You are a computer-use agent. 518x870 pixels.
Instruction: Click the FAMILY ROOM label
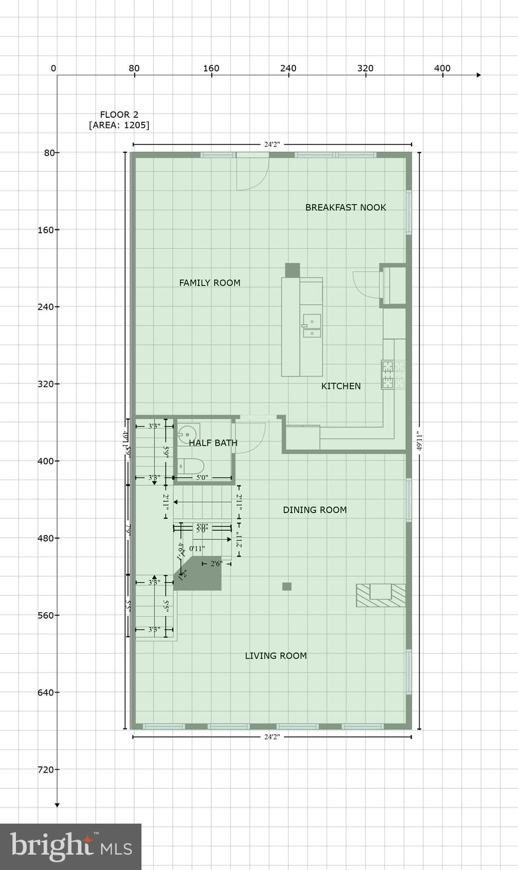pos(209,283)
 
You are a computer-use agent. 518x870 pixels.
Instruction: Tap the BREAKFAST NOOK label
pos(345,207)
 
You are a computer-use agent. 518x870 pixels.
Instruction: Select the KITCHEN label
pos(341,386)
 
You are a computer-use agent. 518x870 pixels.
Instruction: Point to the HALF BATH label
pos(213,443)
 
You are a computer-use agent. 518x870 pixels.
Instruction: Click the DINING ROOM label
pos(315,510)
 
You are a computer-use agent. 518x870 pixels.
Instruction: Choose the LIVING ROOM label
pos(276,656)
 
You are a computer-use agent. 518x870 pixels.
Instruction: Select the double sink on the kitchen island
pos(311,326)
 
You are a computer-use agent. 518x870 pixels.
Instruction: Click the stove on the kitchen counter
pos(388,375)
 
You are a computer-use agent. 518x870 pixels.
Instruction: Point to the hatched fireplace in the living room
pos(381,595)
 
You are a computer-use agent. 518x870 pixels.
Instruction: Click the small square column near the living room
pos(287,587)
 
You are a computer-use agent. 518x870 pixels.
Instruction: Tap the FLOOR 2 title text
pos(119,114)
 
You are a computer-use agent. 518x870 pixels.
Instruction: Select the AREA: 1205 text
pos(119,125)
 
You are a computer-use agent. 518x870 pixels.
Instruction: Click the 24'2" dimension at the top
pos(272,144)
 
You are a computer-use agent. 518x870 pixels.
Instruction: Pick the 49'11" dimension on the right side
pos(419,441)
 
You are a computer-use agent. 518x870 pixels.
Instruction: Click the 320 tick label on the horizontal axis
pos(365,69)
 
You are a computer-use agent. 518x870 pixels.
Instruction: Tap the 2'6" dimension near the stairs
pos(216,564)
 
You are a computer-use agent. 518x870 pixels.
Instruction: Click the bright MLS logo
pos(71,847)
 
